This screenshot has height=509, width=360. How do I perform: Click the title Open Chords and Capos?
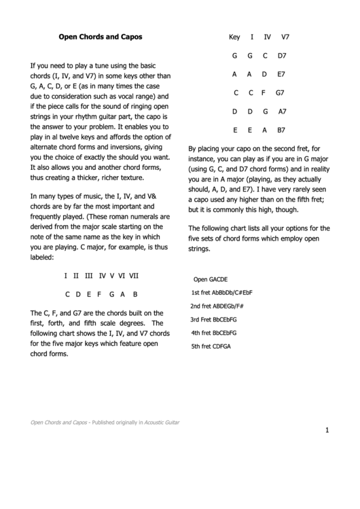click(100, 38)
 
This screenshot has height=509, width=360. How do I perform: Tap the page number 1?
click(327, 429)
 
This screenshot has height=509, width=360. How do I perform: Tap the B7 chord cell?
click(281, 129)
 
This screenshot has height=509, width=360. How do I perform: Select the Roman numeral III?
click(88, 276)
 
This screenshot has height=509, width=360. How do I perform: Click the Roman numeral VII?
click(134, 276)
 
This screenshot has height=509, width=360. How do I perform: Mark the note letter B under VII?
click(135, 294)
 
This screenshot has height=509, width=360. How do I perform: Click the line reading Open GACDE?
click(211, 279)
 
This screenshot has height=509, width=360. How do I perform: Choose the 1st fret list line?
click(222, 293)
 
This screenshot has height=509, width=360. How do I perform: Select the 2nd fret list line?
click(217, 306)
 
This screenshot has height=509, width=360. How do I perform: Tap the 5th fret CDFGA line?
click(211, 347)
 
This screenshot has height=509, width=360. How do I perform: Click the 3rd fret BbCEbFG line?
click(213, 319)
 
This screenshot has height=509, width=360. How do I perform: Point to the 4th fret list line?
click(213, 333)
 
